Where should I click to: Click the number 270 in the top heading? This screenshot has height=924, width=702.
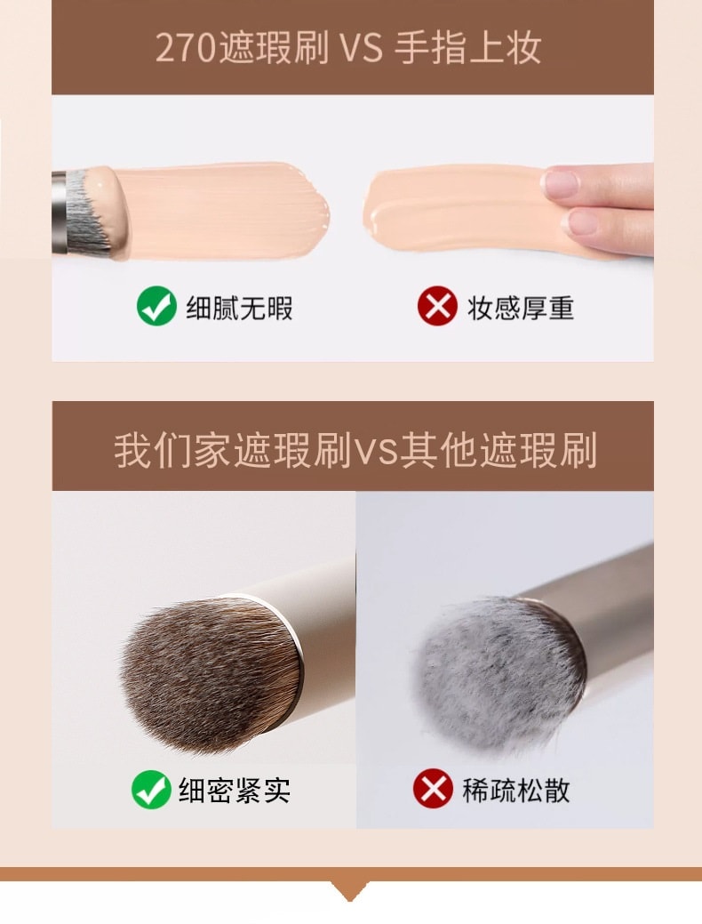(185, 48)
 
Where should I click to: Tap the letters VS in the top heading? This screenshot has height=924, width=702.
(361, 49)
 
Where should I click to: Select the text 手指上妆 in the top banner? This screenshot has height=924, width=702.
(467, 48)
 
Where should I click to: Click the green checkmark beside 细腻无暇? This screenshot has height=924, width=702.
(156, 307)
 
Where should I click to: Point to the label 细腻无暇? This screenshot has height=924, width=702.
(239, 308)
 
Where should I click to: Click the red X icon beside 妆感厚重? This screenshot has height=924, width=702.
(436, 307)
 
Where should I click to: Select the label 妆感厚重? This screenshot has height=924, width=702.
(521, 308)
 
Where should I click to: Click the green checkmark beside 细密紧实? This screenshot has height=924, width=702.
(151, 790)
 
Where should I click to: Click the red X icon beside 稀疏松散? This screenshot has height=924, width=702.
(433, 790)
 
